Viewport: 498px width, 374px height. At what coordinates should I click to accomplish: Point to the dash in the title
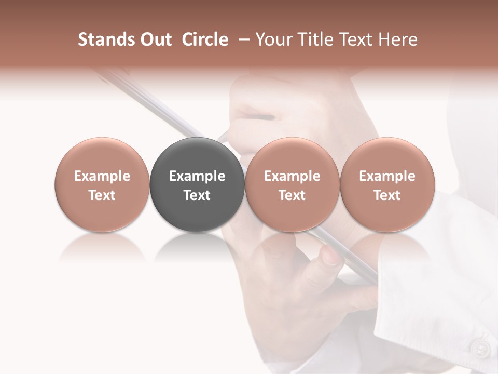(244, 40)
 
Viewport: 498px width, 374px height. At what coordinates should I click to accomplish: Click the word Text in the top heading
(357, 39)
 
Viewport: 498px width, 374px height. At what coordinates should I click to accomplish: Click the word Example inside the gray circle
(197, 176)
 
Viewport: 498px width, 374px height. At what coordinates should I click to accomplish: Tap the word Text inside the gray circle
(197, 195)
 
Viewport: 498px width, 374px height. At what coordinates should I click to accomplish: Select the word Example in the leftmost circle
(102, 176)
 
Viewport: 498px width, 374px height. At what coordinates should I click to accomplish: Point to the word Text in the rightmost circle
(388, 195)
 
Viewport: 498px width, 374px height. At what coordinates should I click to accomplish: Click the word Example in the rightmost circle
(388, 176)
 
